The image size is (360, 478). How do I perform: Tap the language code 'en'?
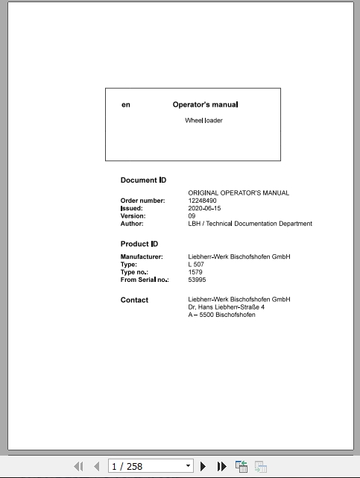click(x=126, y=105)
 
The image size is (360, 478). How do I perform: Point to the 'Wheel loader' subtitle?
click(x=203, y=121)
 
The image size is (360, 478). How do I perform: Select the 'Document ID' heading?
click(x=143, y=180)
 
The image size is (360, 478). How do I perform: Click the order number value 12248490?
click(x=202, y=201)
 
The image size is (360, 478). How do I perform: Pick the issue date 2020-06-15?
click(x=204, y=208)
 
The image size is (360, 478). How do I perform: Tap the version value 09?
click(x=192, y=216)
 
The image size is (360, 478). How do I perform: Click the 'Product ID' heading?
click(x=139, y=244)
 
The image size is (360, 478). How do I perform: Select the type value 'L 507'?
click(x=196, y=265)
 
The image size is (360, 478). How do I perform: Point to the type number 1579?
click(x=195, y=272)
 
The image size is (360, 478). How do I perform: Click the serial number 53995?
click(x=197, y=280)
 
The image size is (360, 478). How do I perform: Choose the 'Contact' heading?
click(x=134, y=301)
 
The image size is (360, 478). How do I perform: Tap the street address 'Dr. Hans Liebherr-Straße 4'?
click(x=226, y=307)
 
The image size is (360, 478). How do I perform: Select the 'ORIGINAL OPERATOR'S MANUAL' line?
click(x=239, y=193)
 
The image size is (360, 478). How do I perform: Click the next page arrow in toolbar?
click(x=203, y=467)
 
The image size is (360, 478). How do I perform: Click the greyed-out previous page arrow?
click(x=96, y=467)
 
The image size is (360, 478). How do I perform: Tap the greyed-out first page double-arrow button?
click(x=78, y=467)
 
